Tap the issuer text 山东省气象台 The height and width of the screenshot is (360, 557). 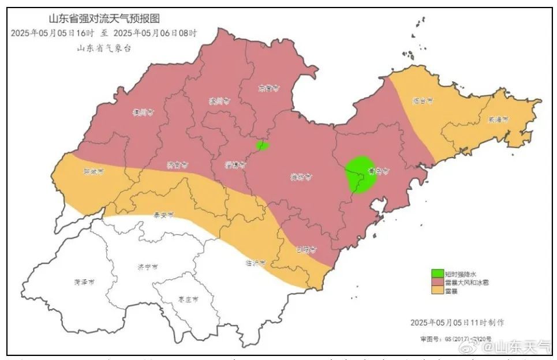(x=104, y=48)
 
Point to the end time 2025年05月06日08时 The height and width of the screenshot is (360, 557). (x=152, y=33)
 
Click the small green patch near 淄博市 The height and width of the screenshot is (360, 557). (x=262, y=145)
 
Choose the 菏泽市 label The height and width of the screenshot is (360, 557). (x=84, y=282)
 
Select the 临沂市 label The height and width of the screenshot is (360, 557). (x=255, y=262)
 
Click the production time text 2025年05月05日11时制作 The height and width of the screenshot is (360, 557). (x=457, y=322)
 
